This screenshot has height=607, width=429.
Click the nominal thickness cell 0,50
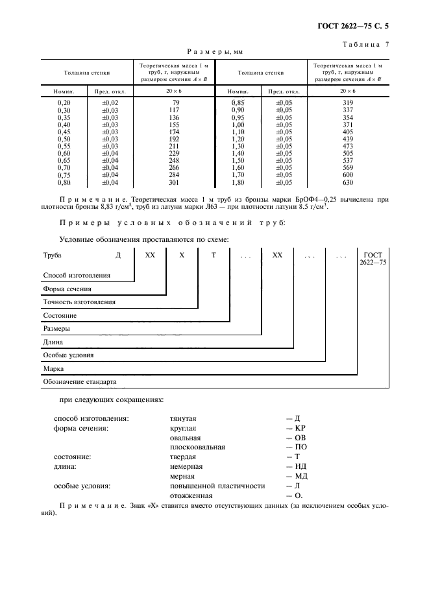pyautogui.click(x=64, y=139)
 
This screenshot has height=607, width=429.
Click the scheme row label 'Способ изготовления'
pyautogui.click(x=76, y=275)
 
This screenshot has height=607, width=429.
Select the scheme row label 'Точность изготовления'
pyautogui.click(x=79, y=302)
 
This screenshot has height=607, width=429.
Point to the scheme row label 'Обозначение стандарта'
pyautogui.click(x=79, y=381)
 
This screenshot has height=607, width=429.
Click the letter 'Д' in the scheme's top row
pyautogui.click(x=118, y=256)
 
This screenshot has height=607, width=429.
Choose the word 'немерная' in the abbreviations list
pyautogui.click(x=186, y=466)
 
